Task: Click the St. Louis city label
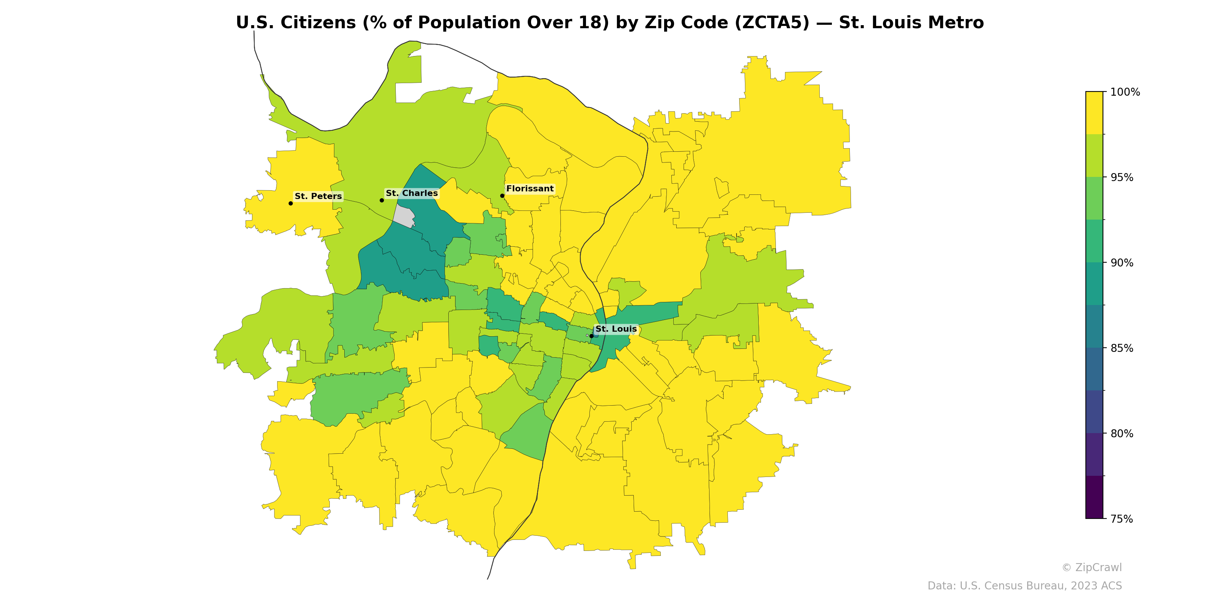pos(616,329)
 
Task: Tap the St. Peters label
pos(318,196)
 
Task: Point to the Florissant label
pos(530,188)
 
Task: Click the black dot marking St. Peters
pos(290,203)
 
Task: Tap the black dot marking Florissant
pos(502,196)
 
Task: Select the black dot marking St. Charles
pos(382,200)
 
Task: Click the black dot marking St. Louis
pos(591,336)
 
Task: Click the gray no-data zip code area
pos(404,217)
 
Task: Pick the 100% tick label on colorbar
pos(1125,92)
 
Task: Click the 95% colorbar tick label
pos(1122,178)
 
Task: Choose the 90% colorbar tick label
pos(1122,263)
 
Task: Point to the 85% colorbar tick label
pos(1122,348)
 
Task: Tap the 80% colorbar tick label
pos(1122,433)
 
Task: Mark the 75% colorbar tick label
pos(1122,518)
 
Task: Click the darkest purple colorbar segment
pos(1094,497)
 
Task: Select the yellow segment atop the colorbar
pos(1094,113)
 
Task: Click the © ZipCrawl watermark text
pos(1091,567)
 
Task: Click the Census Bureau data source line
pos(1024,586)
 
